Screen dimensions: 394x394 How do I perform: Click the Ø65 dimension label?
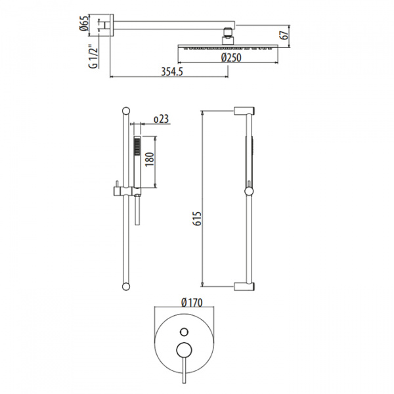click(x=84, y=23)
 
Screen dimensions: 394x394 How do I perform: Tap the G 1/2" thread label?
click(x=93, y=57)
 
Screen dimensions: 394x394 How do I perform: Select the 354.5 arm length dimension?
click(x=172, y=72)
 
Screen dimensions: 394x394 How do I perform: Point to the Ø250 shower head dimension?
click(x=231, y=58)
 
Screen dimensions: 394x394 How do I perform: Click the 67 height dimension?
click(x=284, y=35)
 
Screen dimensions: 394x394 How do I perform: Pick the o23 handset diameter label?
click(x=161, y=119)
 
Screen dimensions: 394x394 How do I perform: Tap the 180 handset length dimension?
click(x=149, y=159)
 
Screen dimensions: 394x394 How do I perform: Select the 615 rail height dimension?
click(x=198, y=219)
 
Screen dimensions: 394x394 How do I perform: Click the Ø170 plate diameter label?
click(x=192, y=303)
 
